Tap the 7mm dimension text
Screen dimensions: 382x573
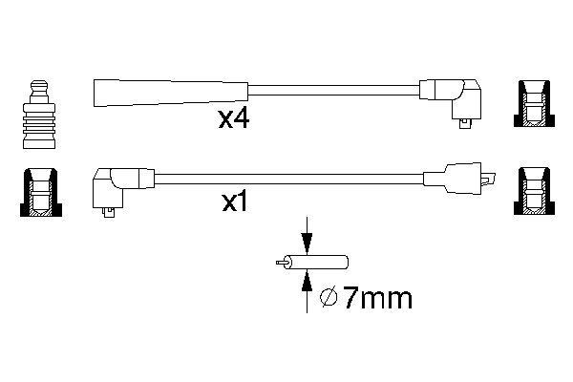377,299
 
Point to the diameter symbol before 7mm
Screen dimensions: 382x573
327,299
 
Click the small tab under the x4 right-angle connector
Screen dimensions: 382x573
465,121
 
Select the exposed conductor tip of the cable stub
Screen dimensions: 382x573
280,262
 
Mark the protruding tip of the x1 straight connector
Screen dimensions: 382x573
491,179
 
